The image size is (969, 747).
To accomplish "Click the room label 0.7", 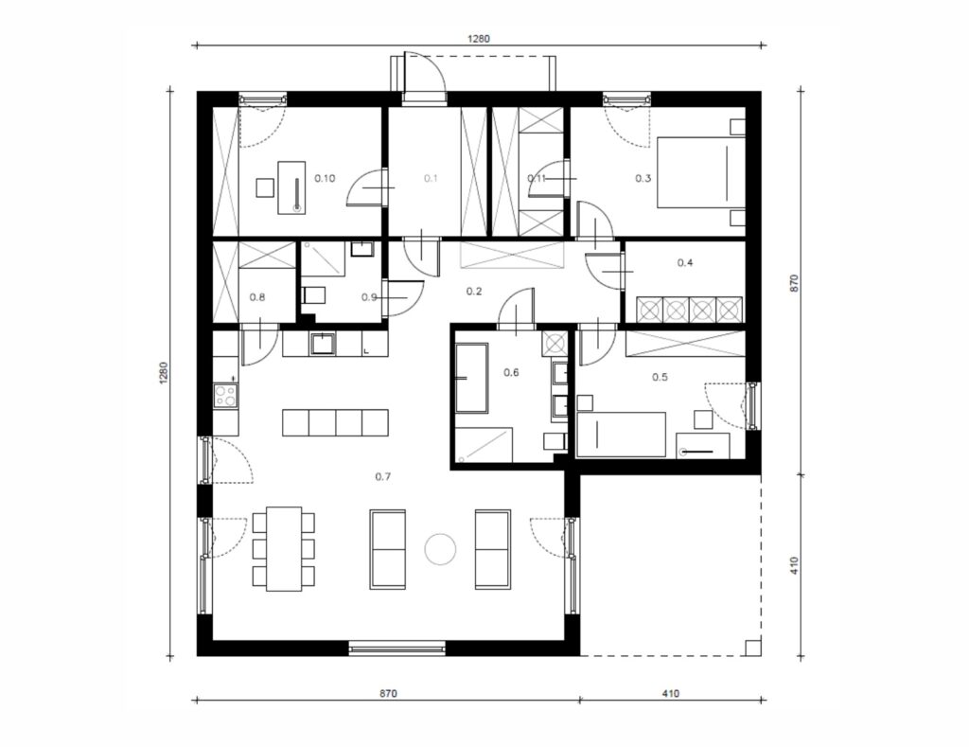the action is point(383,477).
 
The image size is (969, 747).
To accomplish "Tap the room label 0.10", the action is point(326,179).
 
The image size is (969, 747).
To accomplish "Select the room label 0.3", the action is point(643,179).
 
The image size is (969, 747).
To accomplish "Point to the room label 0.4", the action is point(685,263).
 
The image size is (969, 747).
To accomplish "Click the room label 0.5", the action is point(660,377).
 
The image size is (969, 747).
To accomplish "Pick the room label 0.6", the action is point(511,372).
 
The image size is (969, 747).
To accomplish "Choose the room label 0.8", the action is point(257,297).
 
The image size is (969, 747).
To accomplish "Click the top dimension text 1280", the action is point(478,39).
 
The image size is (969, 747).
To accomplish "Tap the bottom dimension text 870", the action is point(388,694).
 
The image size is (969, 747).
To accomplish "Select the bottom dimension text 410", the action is point(671,694).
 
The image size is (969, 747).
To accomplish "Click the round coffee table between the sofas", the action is point(441,549).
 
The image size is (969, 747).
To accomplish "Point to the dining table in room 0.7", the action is point(284,549).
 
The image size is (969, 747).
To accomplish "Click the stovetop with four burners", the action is point(225,396).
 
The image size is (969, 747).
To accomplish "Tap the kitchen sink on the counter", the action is point(323,343).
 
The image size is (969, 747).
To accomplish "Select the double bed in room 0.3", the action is point(701,172).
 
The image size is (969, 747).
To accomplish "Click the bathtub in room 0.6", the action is point(471,379).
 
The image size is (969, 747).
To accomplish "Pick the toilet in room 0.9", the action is point(313,295).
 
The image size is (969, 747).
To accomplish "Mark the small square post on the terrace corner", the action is point(753,648).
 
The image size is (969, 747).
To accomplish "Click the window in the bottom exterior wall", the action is point(396,648).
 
